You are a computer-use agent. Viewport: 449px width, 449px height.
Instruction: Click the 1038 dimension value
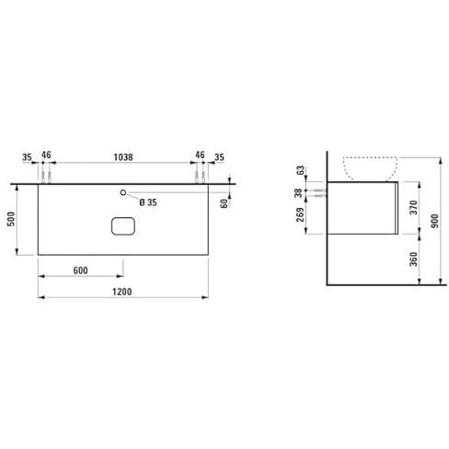click(x=123, y=157)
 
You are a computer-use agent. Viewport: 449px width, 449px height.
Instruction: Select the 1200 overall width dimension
click(x=122, y=292)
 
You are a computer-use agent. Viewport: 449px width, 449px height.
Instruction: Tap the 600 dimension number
click(x=81, y=271)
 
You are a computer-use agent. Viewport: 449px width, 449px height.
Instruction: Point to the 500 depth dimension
click(x=11, y=219)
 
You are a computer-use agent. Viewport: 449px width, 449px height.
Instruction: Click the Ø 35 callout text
click(x=148, y=202)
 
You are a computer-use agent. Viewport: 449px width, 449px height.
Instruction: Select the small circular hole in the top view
click(x=123, y=192)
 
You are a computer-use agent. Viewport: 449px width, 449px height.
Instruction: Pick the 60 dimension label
click(x=224, y=203)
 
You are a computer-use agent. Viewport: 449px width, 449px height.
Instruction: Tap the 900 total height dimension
click(x=434, y=221)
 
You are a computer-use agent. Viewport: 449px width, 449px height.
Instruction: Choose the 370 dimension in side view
click(x=414, y=208)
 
